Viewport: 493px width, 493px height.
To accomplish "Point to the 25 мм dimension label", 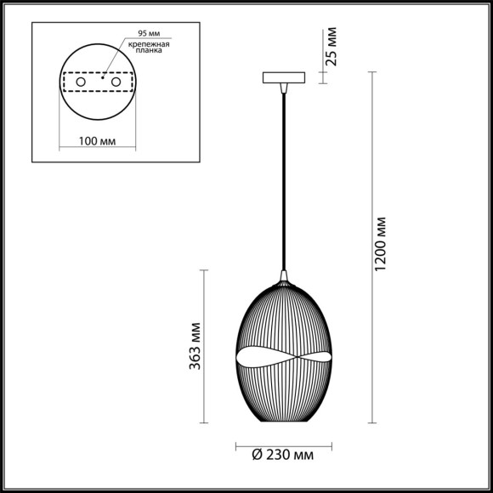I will coord(333,48).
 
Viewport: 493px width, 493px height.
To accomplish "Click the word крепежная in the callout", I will coord(150,42).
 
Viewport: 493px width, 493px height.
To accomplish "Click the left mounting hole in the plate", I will coord(81,82).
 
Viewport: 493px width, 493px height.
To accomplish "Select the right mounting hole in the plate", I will coord(117,82).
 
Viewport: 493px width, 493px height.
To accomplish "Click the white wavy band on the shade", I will coord(284,357).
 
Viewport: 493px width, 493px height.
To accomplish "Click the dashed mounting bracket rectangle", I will coord(99,72).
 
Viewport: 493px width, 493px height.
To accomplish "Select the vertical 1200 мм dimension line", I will coord(371,246).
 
